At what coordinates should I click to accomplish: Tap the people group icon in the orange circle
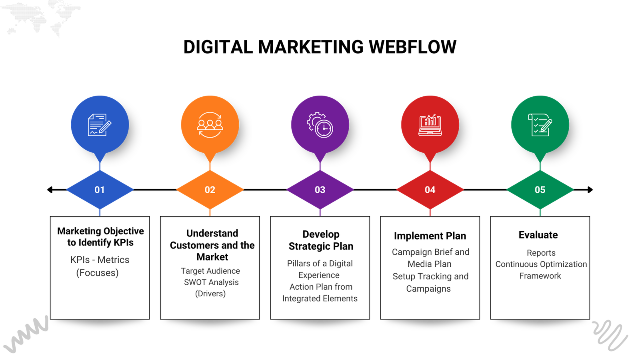(x=210, y=125)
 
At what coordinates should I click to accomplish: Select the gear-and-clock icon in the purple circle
(x=320, y=125)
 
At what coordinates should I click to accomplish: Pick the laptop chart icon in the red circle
(x=430, y=125)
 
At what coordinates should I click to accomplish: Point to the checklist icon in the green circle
(x=540, y=125)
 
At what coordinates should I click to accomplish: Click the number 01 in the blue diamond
(x=100, y=190)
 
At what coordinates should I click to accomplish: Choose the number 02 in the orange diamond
(x=210, y=190)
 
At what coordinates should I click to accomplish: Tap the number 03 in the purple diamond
(x=320, y=190)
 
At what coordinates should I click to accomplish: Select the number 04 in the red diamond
(x=430, y=190)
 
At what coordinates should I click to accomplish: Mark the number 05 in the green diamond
(x=540, y=190)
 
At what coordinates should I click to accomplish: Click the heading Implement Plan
(x=430, y=236)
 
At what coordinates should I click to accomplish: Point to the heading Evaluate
(x=538, y=235)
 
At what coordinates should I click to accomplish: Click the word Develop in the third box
(x=321, y=234)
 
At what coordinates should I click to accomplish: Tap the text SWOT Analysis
(x=211, y=282)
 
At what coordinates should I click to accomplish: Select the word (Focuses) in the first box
(x=98, y=273)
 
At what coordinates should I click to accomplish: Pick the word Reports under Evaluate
(x=541, y=253)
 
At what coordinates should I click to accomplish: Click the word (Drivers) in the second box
(x=210, y=294)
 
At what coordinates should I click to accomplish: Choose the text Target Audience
(x=210, y=271)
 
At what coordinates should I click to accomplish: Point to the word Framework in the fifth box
(x=540, y=276)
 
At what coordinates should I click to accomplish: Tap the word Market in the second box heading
(x=212, y=257)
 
